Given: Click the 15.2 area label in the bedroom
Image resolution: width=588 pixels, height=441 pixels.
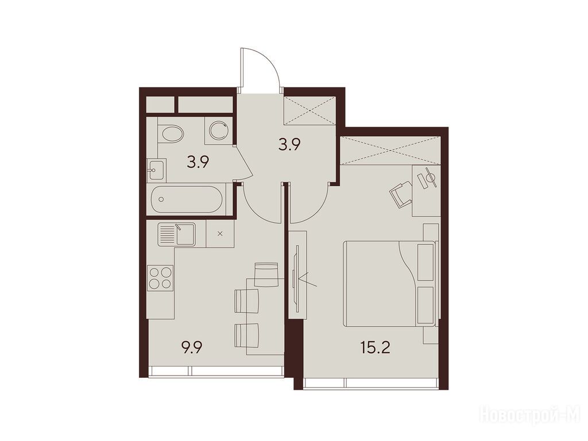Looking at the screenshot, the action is click(x=375, y=348).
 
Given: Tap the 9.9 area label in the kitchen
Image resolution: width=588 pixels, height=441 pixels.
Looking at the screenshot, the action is click(x=191, y=347).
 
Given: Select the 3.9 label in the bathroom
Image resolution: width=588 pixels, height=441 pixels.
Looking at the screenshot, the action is click(x=198, y=163).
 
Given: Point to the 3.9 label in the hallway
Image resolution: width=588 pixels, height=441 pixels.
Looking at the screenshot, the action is click(x=290, y=144).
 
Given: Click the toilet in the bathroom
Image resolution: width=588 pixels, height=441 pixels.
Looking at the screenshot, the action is click(x=171, y=133).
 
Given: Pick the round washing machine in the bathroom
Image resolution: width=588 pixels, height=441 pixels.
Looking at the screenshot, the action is click(x=218, y=130).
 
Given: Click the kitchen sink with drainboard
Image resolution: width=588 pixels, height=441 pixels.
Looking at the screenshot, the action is click(x=176, y=234).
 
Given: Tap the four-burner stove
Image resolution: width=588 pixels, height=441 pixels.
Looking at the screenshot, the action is click(x=161, y=277).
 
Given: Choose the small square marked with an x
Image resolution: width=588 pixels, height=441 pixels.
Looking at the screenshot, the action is click(x=220, y=233).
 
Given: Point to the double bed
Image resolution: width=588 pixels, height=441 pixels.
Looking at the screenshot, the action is click(x=390, y=284).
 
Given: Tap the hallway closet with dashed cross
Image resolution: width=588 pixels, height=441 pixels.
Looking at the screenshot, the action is click(x=310, y=110).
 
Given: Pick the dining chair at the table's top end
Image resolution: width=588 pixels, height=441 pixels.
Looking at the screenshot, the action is click(x=266, y=274).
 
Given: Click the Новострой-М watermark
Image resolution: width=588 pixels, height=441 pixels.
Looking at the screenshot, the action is click(x=532, y=416).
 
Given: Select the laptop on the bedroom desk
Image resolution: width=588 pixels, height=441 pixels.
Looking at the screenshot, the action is click(x=427, y=180).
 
